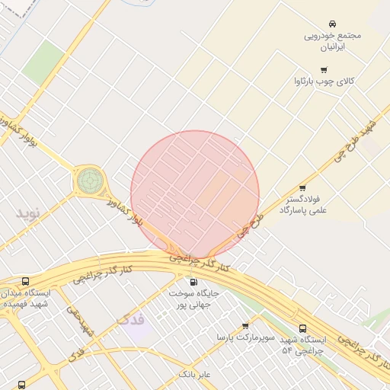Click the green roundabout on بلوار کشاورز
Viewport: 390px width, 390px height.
point(88,181)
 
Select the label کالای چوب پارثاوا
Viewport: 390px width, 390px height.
point(328,81)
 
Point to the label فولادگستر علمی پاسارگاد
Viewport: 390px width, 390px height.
point(303,203)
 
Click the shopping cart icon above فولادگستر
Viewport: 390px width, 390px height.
point(302,187)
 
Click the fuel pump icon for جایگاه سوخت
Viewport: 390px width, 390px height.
point(193,282)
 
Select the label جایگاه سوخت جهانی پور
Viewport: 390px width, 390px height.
point(193,298)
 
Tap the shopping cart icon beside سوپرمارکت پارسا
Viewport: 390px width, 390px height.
point(245,326)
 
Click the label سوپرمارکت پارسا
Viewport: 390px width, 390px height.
point(244,337)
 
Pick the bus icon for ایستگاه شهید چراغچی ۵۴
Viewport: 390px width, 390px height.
point(303,328)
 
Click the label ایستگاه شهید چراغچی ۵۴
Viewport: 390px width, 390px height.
point(303,344)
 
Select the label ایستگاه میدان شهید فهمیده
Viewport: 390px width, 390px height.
point(27,298)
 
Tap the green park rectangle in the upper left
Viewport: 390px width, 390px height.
point(43,62)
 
